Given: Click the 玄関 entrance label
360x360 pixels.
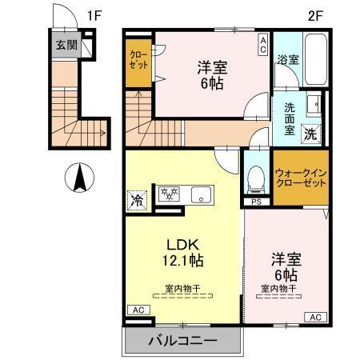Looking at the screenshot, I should [66, 46].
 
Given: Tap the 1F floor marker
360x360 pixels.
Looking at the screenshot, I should [95, 14].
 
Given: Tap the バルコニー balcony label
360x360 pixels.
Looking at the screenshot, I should [182, 342].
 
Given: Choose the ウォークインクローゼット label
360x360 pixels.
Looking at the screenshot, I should [300, 177].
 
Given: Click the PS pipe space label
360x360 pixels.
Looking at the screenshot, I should [256, 202].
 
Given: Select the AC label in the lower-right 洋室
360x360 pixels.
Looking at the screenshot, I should [314, 318].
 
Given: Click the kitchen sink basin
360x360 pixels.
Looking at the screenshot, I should [200, 194].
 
